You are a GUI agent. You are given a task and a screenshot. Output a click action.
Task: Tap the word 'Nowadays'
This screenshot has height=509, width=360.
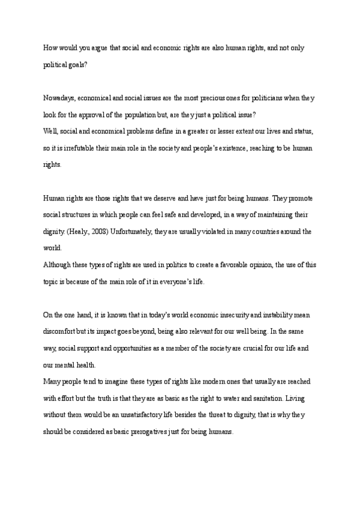pyautogui.click(x=59, y=97)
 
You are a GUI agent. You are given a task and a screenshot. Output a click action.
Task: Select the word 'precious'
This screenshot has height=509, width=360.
pyautogui.click(x=214, y=97)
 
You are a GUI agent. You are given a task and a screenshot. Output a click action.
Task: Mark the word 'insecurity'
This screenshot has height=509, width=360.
pyautogui.click(x=227, y=315)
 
